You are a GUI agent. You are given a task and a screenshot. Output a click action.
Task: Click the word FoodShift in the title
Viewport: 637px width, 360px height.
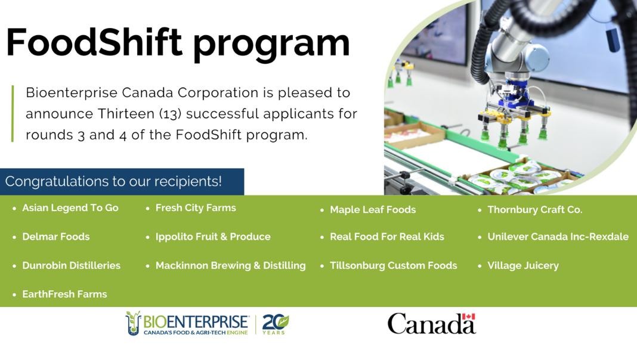(94, 42)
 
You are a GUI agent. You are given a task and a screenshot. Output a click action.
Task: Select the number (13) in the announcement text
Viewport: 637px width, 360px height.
(170, 114)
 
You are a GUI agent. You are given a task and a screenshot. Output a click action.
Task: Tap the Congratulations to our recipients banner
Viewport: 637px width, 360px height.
(122, 181)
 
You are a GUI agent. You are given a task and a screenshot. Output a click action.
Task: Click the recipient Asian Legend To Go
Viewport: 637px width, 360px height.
(70, 208)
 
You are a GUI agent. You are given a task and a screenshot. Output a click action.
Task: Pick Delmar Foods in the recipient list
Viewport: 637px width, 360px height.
(55, 237)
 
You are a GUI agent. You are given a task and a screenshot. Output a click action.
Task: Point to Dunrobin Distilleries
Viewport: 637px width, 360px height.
(71, 265)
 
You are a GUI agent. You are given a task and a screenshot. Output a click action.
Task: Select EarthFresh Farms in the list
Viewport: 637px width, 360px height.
(64, 294)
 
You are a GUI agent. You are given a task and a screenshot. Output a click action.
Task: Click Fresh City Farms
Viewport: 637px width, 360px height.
(196, 208)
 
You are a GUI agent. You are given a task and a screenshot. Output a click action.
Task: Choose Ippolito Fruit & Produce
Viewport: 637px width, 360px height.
(213, 237)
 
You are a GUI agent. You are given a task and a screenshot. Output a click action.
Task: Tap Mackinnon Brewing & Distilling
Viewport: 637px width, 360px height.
(230, 265)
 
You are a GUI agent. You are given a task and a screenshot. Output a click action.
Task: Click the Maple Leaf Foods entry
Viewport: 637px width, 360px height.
(373, 210)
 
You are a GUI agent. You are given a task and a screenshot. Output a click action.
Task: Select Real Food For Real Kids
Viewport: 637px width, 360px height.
(386, 237)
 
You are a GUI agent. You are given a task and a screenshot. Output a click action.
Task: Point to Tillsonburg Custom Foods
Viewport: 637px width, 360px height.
(393, 265)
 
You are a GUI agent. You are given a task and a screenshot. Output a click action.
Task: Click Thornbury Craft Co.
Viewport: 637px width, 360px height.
(534, 210)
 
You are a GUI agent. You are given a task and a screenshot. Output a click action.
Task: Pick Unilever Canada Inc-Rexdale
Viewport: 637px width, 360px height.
(558, 237)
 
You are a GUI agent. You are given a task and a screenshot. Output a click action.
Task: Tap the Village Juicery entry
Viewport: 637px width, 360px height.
(523, 265)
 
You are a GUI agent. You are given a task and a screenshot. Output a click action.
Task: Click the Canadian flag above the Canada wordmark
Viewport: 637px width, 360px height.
(468, 316)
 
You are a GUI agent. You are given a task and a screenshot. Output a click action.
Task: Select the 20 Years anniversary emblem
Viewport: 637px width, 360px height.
(276, 324)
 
